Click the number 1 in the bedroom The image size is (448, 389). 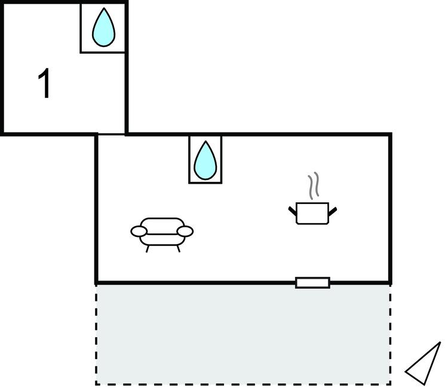[45, 84]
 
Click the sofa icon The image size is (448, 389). [162, 232]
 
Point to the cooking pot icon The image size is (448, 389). [312, 213]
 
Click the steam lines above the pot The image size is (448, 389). [313, 187]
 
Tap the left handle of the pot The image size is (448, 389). [293, 210]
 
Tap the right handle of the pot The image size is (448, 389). [333, 210]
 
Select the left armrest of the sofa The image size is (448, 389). [139, 231]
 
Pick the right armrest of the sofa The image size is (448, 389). [186, 231]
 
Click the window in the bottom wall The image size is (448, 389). [312, 283]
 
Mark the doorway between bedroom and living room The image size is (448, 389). [112, 134]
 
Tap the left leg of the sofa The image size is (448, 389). [148, 248]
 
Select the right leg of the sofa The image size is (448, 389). [177, 248]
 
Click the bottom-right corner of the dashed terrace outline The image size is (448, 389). [391, 384]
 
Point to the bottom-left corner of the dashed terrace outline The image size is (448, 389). [96, 384]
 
